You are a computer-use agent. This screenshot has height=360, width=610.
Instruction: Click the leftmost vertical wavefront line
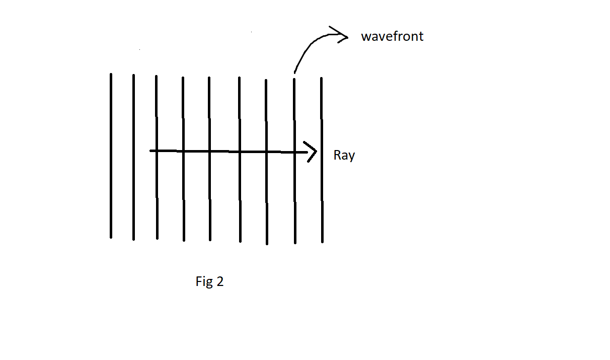tap(111, 191)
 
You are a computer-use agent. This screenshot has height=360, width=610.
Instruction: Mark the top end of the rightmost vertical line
tap(321, 79)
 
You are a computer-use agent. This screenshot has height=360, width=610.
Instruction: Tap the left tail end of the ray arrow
tap(151, 151)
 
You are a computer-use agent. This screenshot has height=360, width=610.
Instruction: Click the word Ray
tap(344, 156)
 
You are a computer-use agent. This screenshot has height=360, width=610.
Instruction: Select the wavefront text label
tap(392, 37)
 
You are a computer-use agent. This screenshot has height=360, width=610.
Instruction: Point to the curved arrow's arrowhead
tap(343, 35)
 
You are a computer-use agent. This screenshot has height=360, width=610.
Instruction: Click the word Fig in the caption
tap(204, 281)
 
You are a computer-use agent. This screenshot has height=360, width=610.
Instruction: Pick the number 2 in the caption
tap(219, 281)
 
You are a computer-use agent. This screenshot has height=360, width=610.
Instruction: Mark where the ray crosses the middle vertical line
tap(209, 151)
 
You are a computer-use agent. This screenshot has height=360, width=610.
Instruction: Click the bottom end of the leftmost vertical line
tap(111, 237)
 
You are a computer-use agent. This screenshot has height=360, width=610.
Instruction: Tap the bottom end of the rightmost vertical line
tap(322, 242)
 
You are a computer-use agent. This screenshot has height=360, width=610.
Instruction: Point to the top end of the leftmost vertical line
tap(111, 75)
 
